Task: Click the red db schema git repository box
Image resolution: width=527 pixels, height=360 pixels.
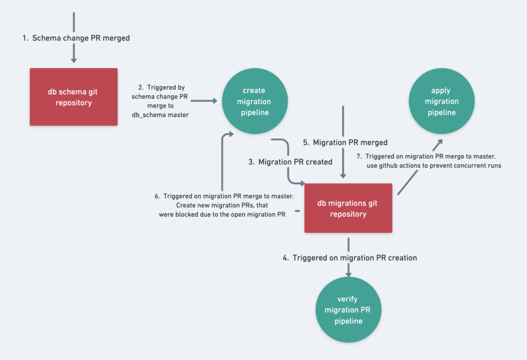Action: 74,97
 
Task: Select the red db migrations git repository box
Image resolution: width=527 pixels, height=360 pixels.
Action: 348,208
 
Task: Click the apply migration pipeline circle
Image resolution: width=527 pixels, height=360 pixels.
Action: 441,101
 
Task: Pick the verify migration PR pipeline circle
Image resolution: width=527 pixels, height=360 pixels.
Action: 348,310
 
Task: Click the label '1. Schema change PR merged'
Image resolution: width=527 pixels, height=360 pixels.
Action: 76,38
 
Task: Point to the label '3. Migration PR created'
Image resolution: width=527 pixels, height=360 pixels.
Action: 290,162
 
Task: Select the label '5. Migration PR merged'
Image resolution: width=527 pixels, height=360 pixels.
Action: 345,142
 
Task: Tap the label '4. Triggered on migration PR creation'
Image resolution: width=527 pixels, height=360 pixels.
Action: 350,258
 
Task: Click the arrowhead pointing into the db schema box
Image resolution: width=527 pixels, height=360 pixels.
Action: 74,60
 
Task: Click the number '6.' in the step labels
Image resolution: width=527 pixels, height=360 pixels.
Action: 157,196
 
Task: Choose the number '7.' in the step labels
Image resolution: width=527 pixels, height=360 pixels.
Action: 359,156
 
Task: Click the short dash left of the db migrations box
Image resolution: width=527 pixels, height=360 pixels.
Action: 297,211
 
